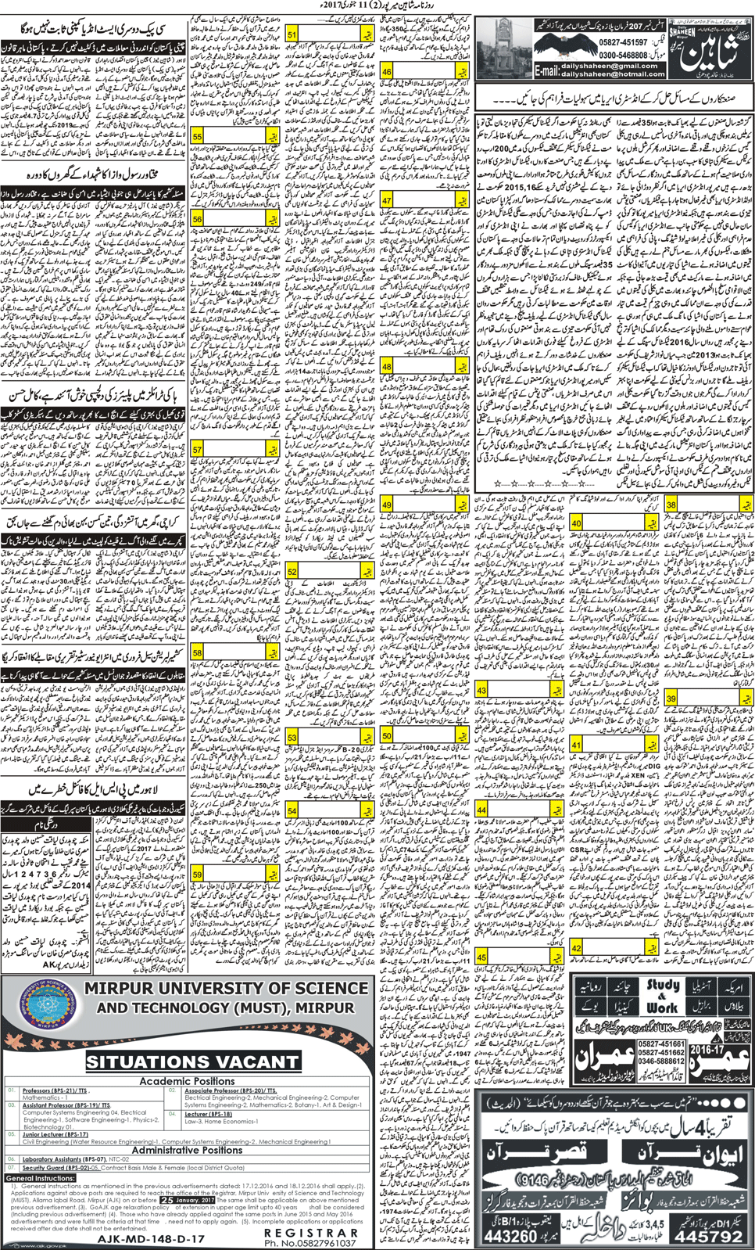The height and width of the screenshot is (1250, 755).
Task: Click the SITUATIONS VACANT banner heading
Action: click(x=192, y=1061)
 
